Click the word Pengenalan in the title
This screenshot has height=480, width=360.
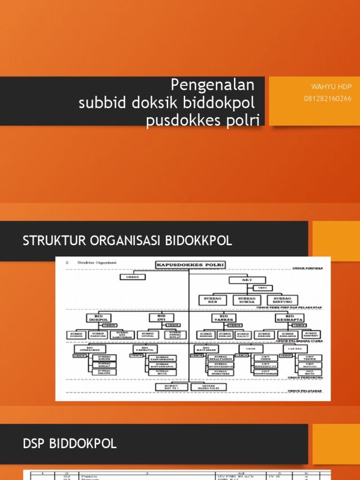point(213,85)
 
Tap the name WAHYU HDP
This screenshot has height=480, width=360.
point(331,87)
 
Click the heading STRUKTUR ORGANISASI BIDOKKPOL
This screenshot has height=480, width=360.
point(127,241)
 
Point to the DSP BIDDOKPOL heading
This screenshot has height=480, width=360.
point(70,444)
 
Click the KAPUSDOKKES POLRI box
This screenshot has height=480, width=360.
point(190,265)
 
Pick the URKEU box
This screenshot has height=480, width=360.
point(132,277)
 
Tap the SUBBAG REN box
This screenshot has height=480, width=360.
point(213,300)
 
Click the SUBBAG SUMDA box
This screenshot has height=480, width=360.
point(247,300)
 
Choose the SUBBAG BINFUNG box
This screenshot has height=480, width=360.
point(282,300)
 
